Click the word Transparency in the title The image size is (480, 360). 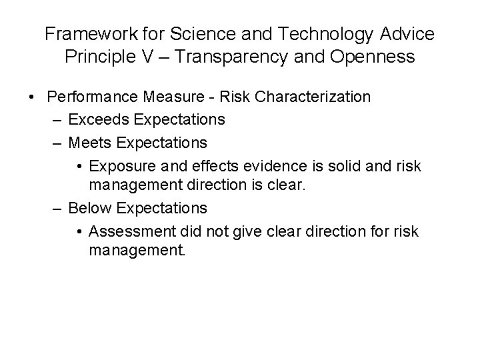click(x=224, y=57)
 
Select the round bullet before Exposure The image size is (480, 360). click(x=79, y=166)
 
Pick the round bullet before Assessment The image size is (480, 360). click(x=79, y=231)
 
